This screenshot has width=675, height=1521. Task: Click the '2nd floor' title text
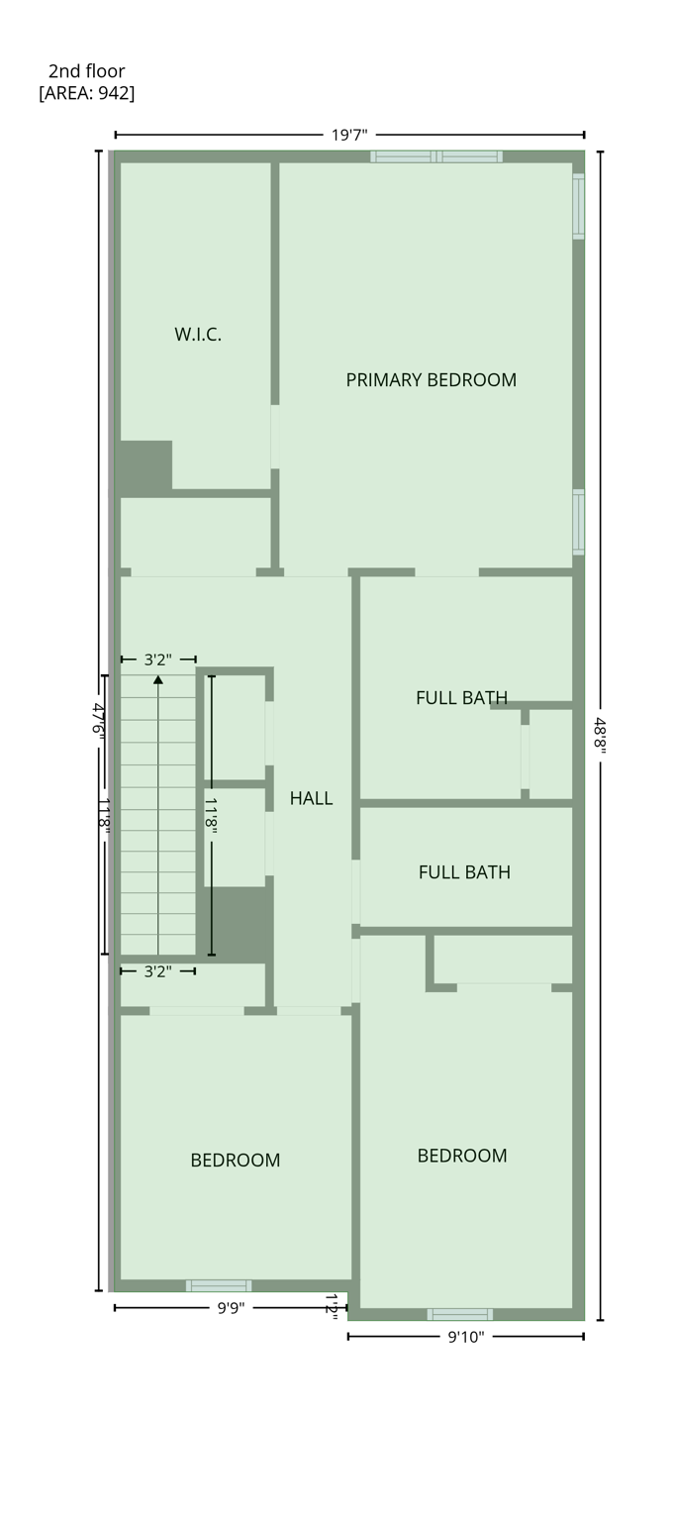coord(86,71)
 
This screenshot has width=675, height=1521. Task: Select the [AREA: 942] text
coord(86,93)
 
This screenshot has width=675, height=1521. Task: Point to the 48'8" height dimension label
coord(600,735)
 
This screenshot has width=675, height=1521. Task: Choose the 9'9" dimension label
coord(231,1308)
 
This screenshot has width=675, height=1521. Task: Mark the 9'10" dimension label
coord(465,1337)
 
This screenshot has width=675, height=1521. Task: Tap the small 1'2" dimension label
coord(333,1307)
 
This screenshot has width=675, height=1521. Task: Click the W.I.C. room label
coord(198,335)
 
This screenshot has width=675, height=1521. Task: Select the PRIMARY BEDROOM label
coord(431,380)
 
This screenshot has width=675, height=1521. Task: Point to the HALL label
coord(311,798)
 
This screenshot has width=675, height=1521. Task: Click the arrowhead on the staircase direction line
coord(158,679)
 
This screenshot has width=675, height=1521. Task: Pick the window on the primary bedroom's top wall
coord(436,156)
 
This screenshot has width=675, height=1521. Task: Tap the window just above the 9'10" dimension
coord(459,1314)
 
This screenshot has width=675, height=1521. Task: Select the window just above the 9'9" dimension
coord(219,1285)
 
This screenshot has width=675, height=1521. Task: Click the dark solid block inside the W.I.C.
coord(145,467)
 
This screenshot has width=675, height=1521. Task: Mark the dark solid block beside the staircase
coord(238,924)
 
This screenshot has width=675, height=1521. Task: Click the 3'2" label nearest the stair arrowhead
coord(157,659)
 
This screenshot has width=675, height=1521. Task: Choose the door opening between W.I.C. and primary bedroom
coord(275,436)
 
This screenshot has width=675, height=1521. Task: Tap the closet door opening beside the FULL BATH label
coord(526,757)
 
